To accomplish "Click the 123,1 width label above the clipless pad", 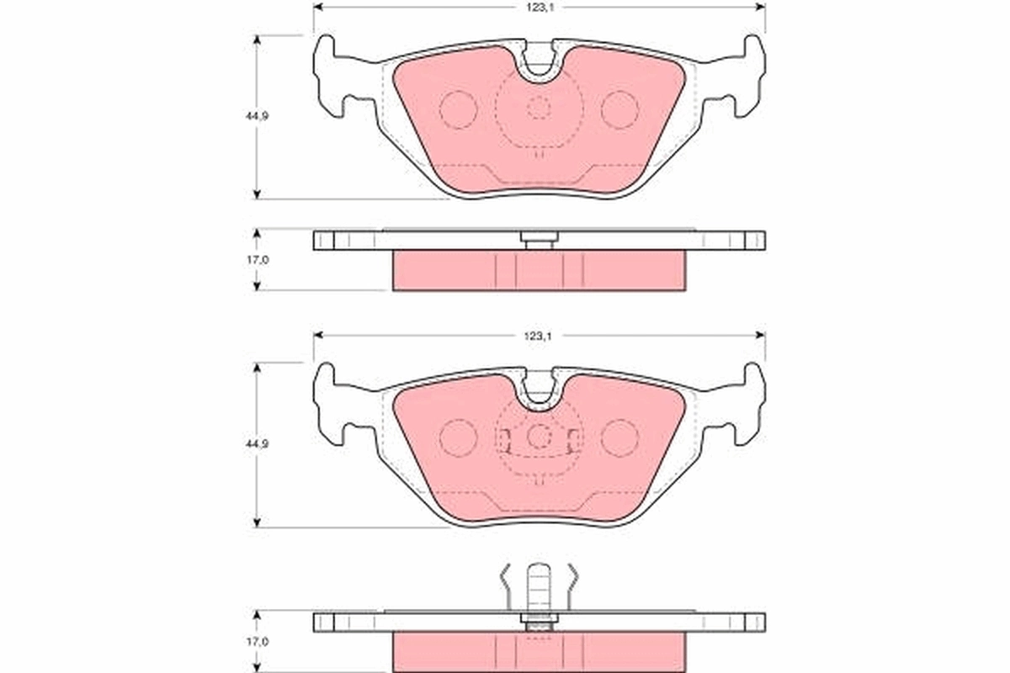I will pyautogui.click(x=539, y=7).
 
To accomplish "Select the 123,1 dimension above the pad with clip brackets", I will pyautogui.click(x=539, y=336).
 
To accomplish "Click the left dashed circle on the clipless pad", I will pyautogui.click(x=459, y=109).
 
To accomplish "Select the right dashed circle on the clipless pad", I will pyautogui.click(x=620, y=109).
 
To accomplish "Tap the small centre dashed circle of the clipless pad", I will pyautogui.click(x=539, y=108).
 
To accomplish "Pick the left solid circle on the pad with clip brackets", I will pyautogui.click(x=459, y=437).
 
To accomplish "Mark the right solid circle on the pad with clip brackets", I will pyautogui.click(x=620, y=437).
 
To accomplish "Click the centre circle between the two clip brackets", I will pyautogui.click(x=539, y=436).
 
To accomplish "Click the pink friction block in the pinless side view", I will pyautogui.click(x=539, y=271).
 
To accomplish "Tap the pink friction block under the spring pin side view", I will pyautogui.click(x=539, y=651).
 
